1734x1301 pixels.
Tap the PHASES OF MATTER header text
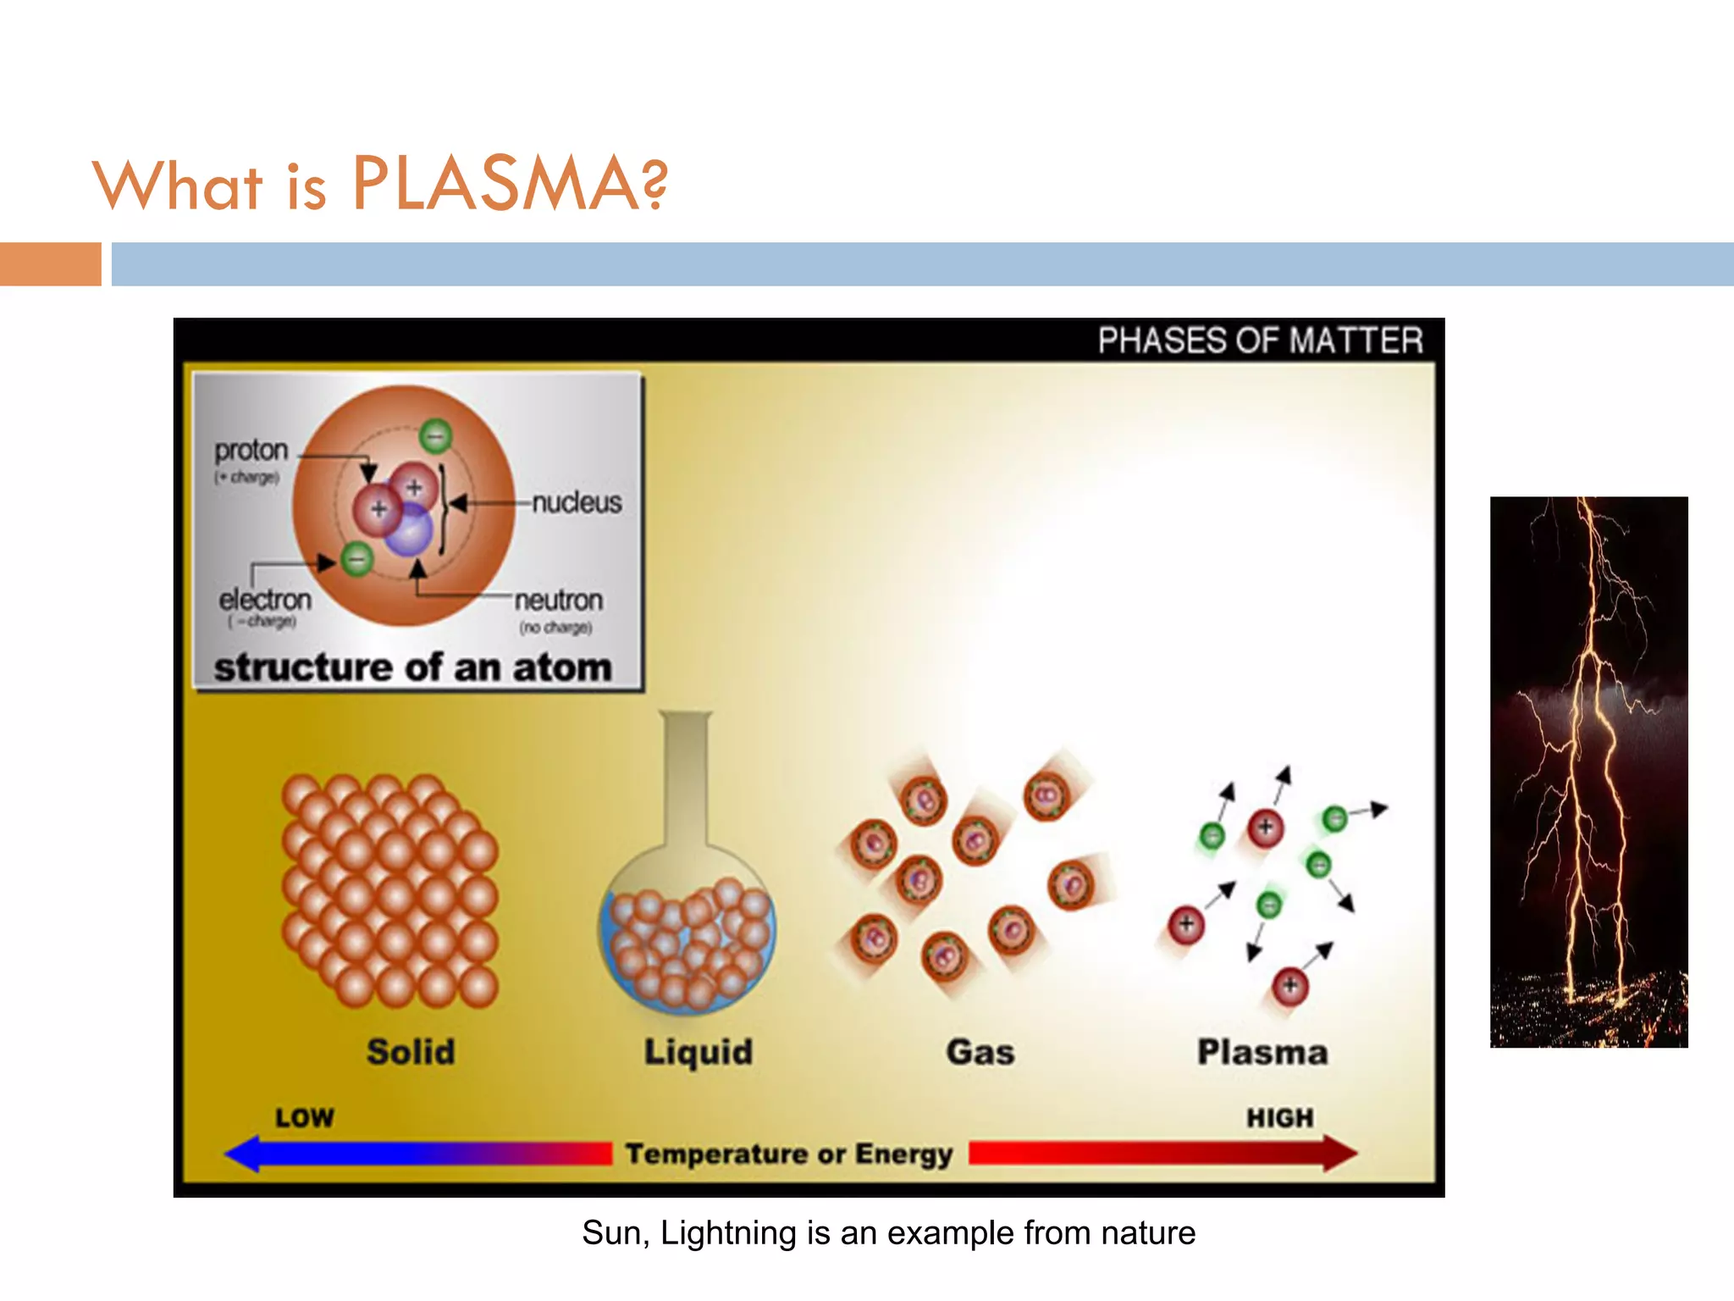(1260, 340)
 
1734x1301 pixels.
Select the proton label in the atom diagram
(251, 450)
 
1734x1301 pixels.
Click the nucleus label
(577, 502)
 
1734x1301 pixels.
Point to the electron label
(265, 600)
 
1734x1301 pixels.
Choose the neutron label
(559, 600)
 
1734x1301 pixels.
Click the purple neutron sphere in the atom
(411, 530)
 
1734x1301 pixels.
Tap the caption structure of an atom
(412, 667)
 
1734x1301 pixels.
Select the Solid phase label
(411, 1052)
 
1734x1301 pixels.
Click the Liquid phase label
(699, 1052)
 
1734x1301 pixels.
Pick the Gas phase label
(980, 1052)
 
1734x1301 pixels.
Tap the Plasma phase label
(1262, 1052)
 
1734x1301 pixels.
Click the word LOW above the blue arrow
(305, 1118)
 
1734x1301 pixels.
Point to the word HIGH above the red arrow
(1279, 1118)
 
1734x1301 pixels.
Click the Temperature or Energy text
(789, 1154)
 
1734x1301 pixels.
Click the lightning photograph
(1588, 772)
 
